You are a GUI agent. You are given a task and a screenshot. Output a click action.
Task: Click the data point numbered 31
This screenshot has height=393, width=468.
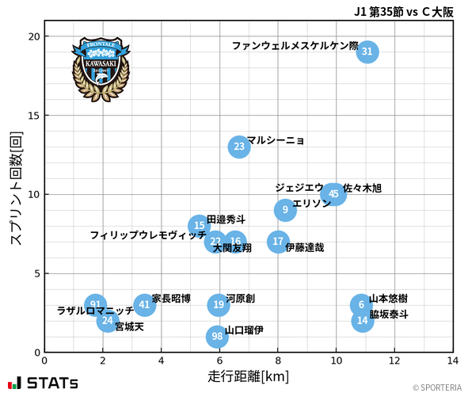(366, 52)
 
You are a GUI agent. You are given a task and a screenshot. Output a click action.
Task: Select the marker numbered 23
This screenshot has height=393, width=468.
(239, 147)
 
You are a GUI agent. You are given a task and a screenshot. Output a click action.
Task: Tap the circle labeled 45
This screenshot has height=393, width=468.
(334, 193)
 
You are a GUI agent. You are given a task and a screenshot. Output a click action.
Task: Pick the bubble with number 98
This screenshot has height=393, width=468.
(217, 336)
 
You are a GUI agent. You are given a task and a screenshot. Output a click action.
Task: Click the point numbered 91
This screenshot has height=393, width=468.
(95, 305)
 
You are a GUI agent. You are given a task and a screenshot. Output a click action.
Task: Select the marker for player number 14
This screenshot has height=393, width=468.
(363, 321)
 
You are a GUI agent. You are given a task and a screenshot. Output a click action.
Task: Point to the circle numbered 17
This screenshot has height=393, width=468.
(278, 242)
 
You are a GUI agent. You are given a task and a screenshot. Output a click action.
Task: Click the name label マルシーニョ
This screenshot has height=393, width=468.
(276, 140)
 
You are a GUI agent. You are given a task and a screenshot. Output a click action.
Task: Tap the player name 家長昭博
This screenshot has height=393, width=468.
(171, 299)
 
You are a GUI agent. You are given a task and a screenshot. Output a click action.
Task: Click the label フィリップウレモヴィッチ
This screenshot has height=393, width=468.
(148, 235)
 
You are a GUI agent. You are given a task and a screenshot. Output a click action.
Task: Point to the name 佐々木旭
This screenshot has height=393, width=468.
(362, 189)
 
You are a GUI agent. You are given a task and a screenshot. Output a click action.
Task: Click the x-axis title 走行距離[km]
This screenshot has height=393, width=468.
(249, 375)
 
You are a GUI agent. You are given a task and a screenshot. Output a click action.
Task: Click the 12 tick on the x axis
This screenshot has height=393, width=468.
(395, 361)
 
